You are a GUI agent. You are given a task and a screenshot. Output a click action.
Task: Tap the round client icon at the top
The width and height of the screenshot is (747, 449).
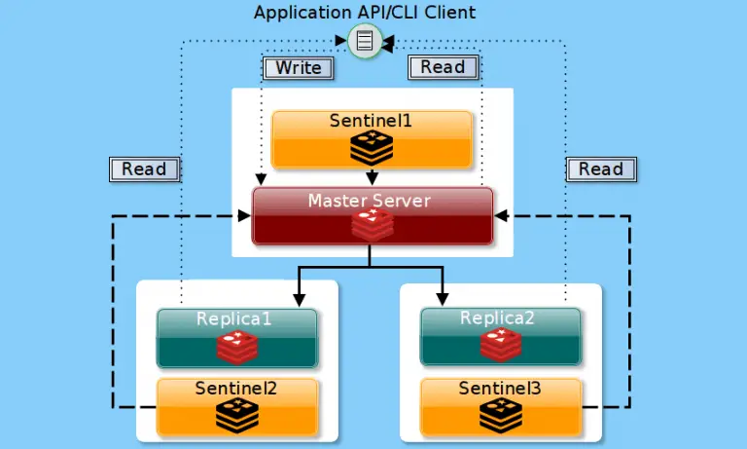tap(364, 41)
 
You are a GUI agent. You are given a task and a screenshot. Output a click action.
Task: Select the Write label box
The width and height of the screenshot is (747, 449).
tap(298, 67)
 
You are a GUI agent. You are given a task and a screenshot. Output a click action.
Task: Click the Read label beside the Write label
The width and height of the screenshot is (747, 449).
tap(443, 67)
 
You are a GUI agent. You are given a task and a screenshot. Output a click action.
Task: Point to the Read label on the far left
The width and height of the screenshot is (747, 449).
tap(144, 168)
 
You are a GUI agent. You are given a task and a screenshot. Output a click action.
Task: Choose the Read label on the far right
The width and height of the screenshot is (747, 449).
tap(600, 168)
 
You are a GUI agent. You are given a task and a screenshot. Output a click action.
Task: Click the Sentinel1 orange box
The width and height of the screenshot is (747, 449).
tap(372, 139)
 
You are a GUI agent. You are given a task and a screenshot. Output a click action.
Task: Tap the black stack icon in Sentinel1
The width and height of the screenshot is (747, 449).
tap(372, 148)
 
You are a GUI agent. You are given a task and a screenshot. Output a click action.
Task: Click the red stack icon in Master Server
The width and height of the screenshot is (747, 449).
tap(372, 225)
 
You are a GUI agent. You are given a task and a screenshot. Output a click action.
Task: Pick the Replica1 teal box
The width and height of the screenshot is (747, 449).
tap(236, 337)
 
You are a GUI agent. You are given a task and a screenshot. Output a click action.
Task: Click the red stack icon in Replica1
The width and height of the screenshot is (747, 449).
tap(236, 347)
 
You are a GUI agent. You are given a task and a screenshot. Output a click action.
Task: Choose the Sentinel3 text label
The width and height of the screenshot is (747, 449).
tap(500, 389)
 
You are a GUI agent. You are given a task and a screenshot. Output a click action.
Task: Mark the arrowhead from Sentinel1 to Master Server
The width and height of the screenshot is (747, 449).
tap(372, 179)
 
